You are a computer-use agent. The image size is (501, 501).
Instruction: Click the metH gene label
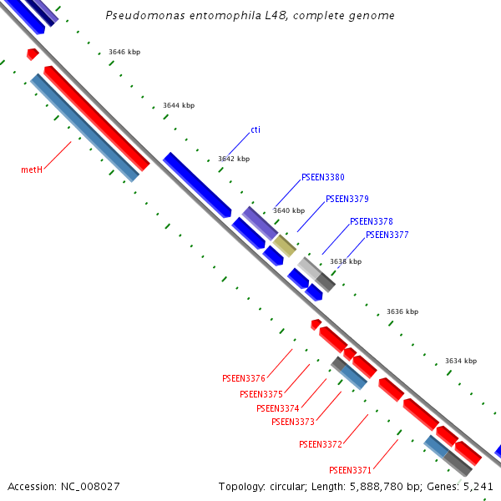32,170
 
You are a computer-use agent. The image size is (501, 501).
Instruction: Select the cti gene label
256,129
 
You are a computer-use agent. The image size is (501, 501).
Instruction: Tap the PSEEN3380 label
322,177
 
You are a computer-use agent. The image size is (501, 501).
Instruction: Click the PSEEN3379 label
347,199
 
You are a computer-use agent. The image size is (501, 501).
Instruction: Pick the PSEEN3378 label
371,221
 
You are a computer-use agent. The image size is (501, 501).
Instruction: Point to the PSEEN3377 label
387,235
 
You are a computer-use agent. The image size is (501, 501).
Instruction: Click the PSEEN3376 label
244,378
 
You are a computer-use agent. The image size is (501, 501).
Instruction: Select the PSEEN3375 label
261,394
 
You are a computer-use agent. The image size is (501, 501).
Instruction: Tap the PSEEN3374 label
277,408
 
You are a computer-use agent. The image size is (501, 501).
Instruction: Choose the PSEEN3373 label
293,422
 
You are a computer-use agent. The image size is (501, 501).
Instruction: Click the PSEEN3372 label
321,444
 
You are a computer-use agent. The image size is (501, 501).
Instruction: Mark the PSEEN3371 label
350,469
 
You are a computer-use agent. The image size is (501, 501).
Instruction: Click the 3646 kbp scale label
124,52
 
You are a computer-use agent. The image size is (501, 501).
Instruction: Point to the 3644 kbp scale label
179,105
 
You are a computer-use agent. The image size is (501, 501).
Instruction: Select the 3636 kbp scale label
402,311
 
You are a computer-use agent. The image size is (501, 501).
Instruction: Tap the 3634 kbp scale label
461,361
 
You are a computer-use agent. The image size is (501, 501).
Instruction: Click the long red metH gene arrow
96,118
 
